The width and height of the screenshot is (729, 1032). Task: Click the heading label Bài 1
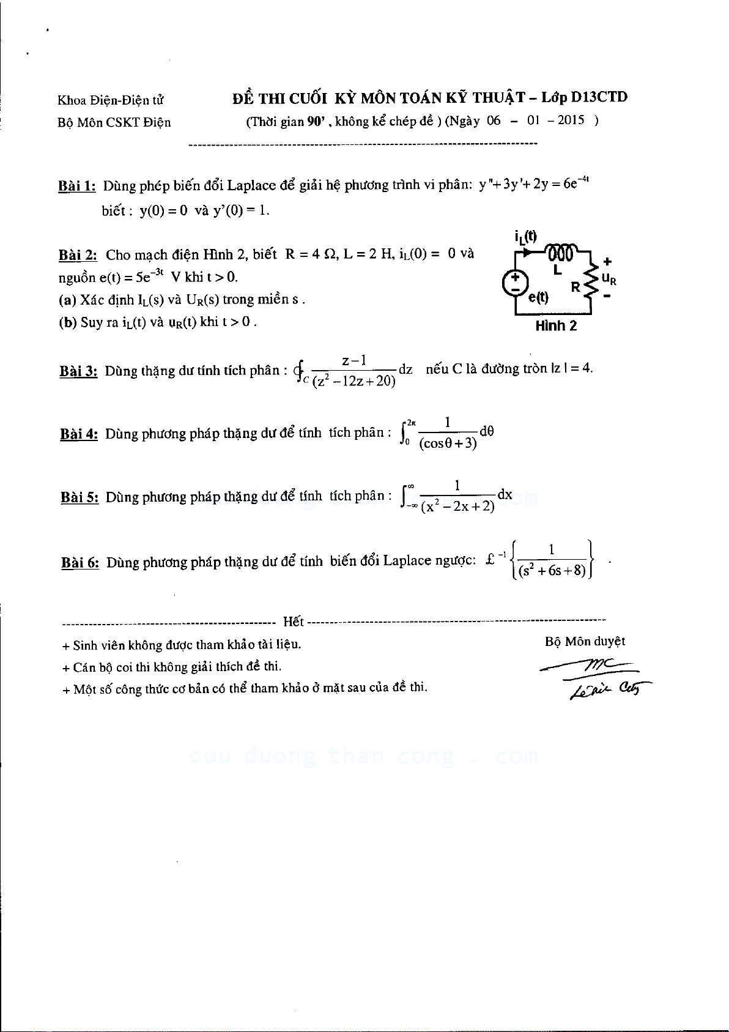[77, 186]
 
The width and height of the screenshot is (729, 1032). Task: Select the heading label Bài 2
[78, 255]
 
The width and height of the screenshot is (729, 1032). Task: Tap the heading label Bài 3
[78, 371]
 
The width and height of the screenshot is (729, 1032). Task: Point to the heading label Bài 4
[79, 434]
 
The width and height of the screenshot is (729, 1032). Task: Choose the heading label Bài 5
[80, 497]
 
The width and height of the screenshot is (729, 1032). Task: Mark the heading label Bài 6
[80, 563]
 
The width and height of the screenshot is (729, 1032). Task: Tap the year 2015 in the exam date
[571, 121]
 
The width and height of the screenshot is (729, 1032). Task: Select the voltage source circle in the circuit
[516, 282]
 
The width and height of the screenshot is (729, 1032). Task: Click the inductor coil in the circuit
[561, 252]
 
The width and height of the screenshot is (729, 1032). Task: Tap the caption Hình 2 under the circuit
[556, 326]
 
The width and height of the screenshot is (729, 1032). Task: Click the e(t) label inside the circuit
[539, 298]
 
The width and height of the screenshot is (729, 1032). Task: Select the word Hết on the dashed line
[294, 622]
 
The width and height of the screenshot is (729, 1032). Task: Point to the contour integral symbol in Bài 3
[299, 370]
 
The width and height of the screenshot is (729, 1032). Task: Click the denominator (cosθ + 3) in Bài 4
[448, 444]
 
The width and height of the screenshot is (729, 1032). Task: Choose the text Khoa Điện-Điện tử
[111, 100]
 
